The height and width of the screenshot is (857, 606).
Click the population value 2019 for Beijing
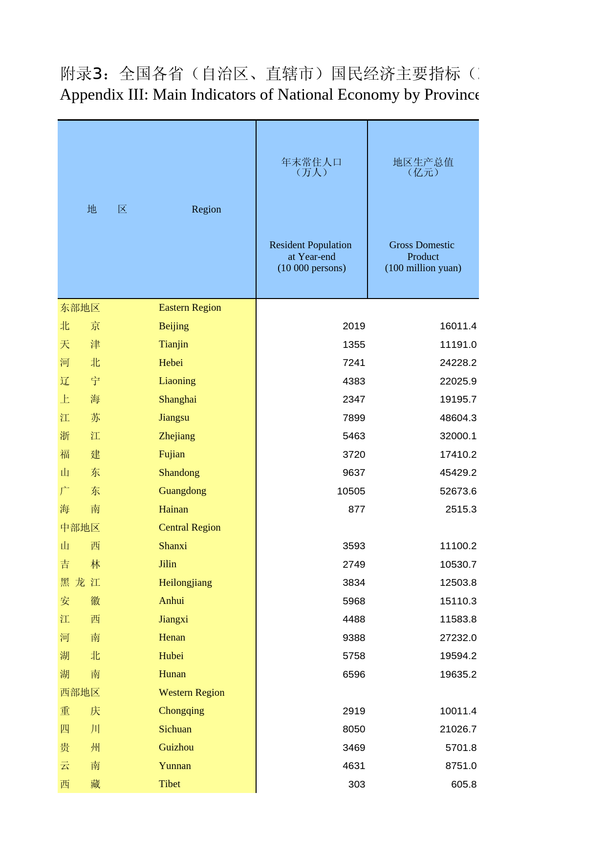pos(354,326)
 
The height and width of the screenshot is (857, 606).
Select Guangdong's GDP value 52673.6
pos(458,491)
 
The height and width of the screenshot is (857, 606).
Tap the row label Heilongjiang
pos(185,582)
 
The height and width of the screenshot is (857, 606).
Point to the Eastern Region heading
pos(190,307)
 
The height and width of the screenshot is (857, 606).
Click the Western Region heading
pos(192,692)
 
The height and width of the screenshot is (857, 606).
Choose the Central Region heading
pos(190,527)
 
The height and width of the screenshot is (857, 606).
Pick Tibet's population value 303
pos(357,784)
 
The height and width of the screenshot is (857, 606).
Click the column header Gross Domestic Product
pos(423,256)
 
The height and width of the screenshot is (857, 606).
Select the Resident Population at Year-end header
pos(311,256)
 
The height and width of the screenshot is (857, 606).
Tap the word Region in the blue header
pos(206,209)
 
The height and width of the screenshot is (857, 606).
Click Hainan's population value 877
pos(357,509)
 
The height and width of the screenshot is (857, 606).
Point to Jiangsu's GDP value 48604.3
pos(458,418)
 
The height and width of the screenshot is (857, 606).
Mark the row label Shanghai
pos(177,399)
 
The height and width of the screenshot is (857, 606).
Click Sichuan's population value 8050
pos(354,729)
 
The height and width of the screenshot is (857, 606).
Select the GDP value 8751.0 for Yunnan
pos(461,766)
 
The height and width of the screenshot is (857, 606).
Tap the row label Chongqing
pos(181,710)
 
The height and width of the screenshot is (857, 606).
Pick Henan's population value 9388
pos(354,638)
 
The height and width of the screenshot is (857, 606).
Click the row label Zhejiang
pos(177,436)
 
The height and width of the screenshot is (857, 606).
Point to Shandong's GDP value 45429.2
pos(458,472)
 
